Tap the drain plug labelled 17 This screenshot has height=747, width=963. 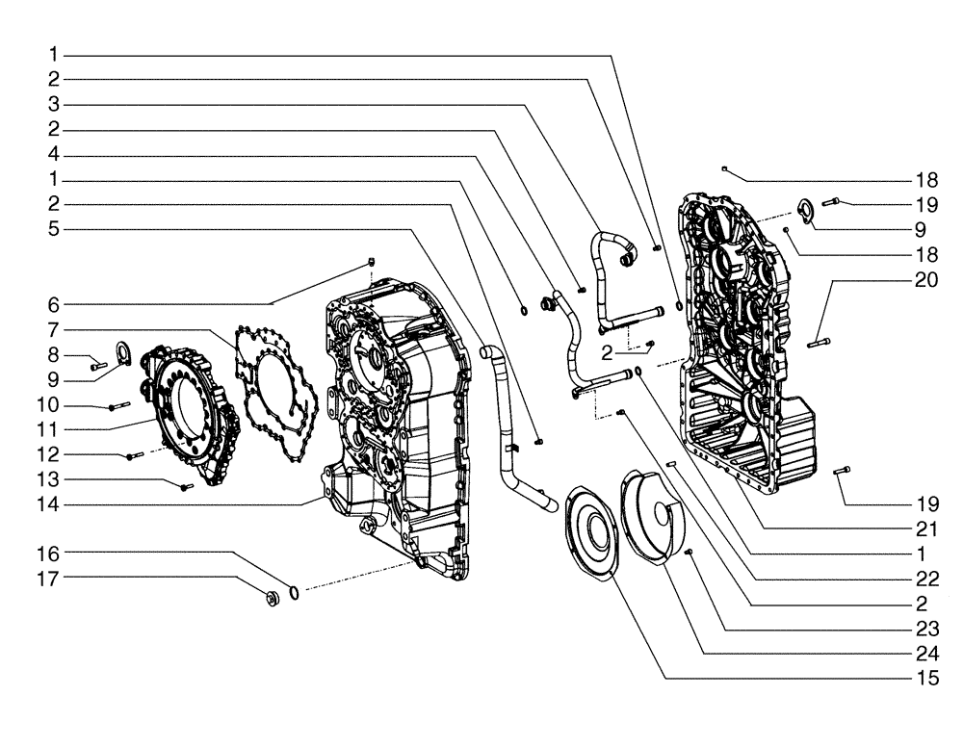point(273,599)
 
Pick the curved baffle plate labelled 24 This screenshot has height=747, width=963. point(655,510)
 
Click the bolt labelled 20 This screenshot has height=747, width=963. point(816,342)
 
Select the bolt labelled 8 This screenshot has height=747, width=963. point(96,366)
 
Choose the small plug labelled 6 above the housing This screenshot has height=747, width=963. point(373,262)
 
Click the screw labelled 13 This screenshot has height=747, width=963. point(186,487)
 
